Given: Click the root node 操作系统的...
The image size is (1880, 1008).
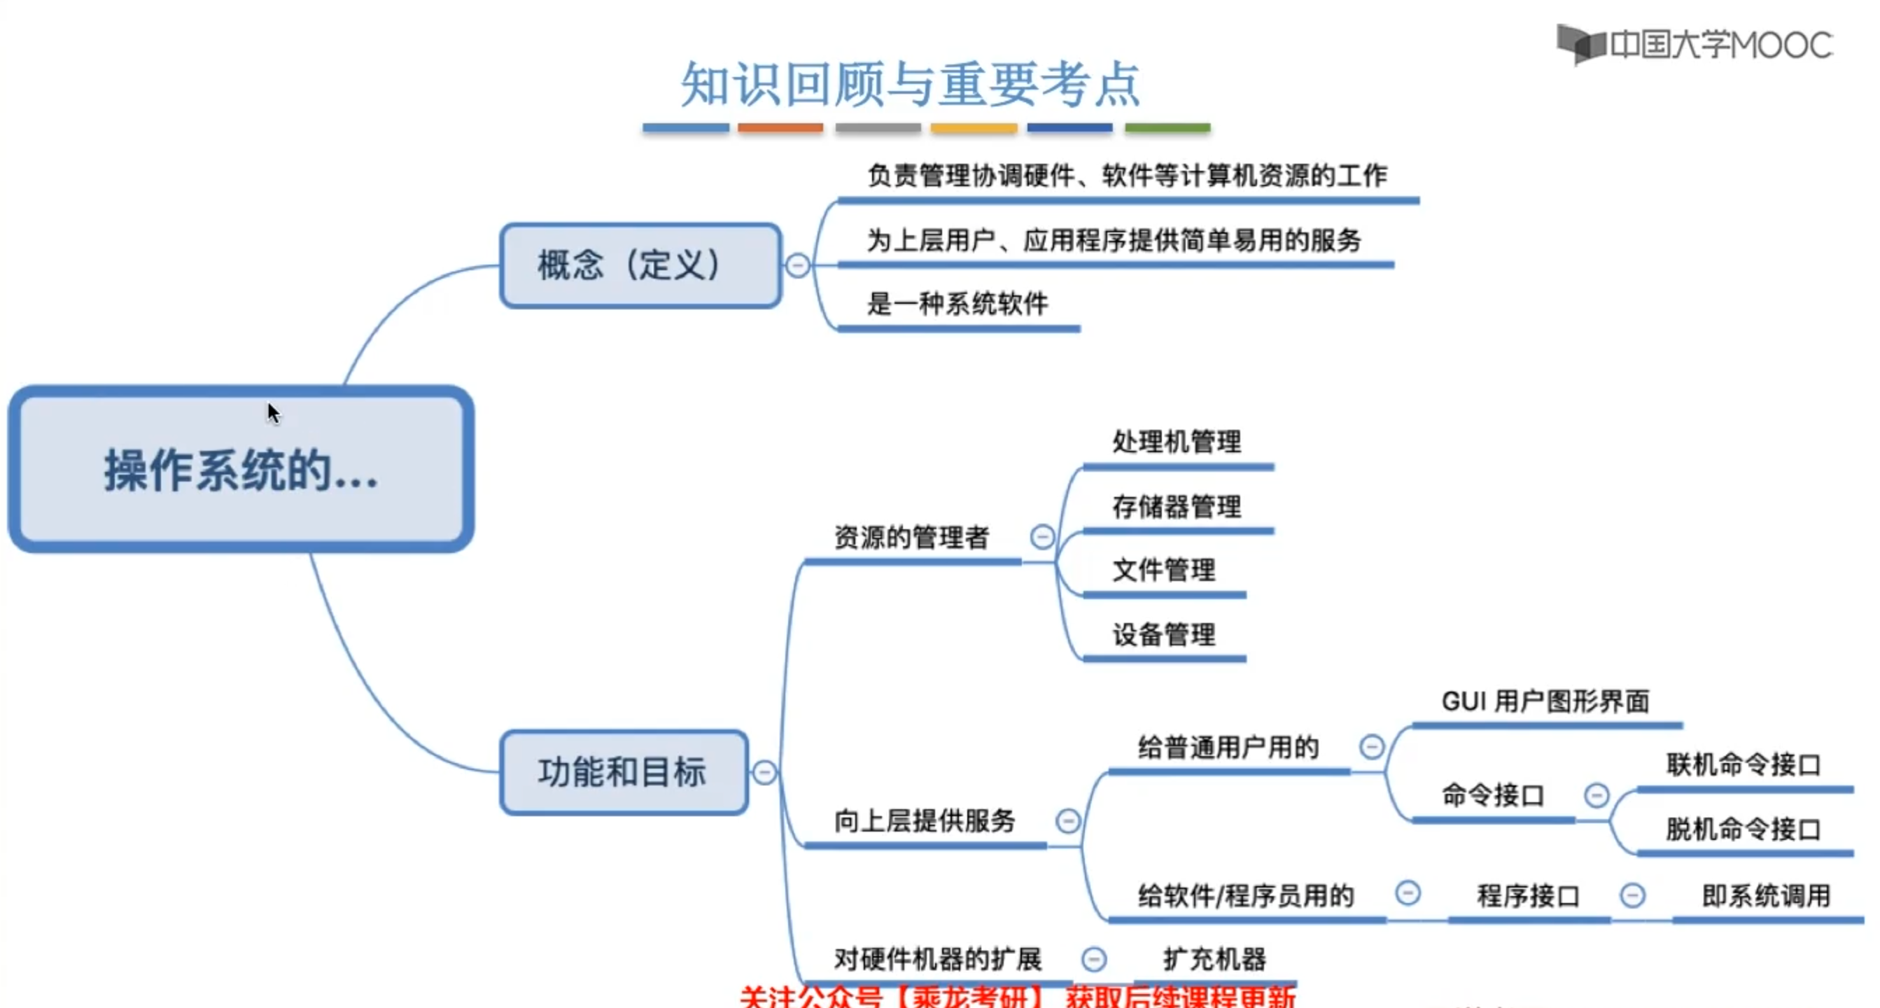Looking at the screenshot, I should [x=241, y=469].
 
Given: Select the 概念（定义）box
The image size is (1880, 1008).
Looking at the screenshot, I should [x=640, y=266].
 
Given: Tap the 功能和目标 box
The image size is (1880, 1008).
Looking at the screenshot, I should [x=624, y=772].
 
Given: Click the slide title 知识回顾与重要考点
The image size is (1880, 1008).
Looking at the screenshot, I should [x=910, y=85].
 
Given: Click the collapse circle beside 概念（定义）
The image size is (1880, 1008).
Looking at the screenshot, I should [x=798, y=265].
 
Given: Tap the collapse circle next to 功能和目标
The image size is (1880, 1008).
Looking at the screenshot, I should [x=764, y=772].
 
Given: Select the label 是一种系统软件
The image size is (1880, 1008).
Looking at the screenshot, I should [x=957, y=304].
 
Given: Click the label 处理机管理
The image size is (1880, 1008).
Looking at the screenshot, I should [x=1177, y=442].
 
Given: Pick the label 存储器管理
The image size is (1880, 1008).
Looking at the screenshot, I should [x=1177, y=507].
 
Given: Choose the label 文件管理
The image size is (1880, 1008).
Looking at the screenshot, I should [x=1164, y=570].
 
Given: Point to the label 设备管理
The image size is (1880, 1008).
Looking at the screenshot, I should [x=1164, y=634].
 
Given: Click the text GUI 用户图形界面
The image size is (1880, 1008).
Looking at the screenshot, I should [x=1545, y=701].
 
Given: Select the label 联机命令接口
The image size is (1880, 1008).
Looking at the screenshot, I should [x=1743, y=765].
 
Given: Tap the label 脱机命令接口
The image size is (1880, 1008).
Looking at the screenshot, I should [x=1743, y=829].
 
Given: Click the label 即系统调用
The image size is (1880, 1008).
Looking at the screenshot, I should [x=1766, y=895].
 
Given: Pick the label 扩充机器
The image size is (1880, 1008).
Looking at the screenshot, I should [x=1214, y=959].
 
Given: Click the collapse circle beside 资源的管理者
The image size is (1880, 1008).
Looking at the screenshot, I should [x=1042, y=537].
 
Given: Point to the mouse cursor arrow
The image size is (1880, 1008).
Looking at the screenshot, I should [x=273, y=412].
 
